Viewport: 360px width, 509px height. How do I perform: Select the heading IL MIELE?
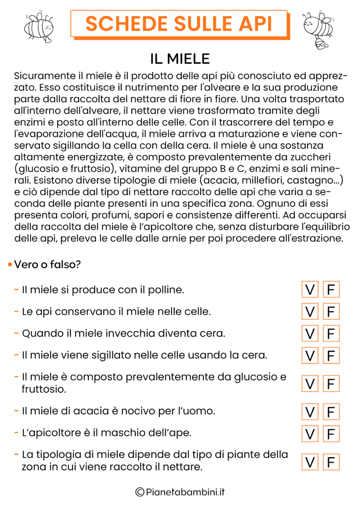click(180, 59)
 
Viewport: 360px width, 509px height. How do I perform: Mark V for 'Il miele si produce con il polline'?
click(309, 290)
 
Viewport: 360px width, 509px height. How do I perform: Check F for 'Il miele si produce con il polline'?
click(331, 290)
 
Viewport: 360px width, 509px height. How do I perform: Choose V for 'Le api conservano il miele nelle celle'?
click(309, 312)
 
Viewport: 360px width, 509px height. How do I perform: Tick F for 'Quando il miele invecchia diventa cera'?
click(331, 334)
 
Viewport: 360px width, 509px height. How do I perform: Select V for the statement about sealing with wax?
click(309, 355)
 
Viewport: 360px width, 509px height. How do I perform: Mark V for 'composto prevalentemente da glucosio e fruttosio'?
click(309, 383)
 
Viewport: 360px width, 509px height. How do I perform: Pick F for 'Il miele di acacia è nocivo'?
click(331, 412)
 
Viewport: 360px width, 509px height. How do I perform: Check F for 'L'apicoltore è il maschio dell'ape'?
click(331, 434)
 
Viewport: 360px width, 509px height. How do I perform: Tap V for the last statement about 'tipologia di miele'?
click(309, 462)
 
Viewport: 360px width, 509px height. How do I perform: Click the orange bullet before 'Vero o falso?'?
click(10, 265)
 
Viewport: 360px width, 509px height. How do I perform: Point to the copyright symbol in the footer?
click(139, 492)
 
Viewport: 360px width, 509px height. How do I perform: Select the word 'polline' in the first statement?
click(167, 290)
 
